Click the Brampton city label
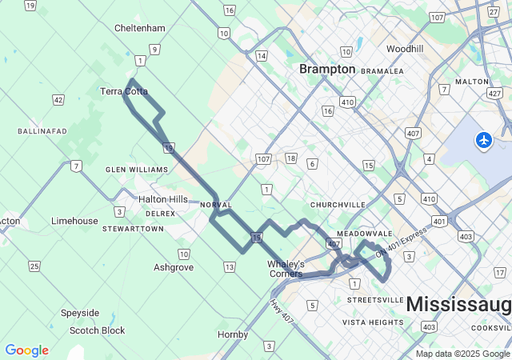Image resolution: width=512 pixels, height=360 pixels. tap(327, 70)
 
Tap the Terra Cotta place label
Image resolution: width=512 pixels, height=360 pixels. tap(124, 91)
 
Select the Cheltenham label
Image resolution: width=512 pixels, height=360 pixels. tap(140, 28)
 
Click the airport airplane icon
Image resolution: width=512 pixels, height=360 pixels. tap(483, 140)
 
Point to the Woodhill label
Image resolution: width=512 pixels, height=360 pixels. tap(404, 49)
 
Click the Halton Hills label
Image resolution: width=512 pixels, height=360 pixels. tap(163, 199)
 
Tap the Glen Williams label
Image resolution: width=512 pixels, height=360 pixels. tap(137, 170)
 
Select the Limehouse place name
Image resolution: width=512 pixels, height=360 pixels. tap(74, 221)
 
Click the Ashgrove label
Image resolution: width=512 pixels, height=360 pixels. tap(174, 267)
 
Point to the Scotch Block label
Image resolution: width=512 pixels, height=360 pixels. tap(97, 330)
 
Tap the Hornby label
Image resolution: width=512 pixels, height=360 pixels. tap(233, 334)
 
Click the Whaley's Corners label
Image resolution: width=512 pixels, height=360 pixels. tap(286, 269)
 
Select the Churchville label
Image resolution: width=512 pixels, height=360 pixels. tap(338, 205)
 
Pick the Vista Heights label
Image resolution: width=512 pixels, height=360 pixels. tap(373, 322)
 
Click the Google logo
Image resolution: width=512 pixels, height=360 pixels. tap(26, 350)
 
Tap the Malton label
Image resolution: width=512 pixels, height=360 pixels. tap(471, 82)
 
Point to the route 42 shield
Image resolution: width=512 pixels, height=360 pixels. tap(58, 99)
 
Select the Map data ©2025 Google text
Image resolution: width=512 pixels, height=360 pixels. tap(462, 354)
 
